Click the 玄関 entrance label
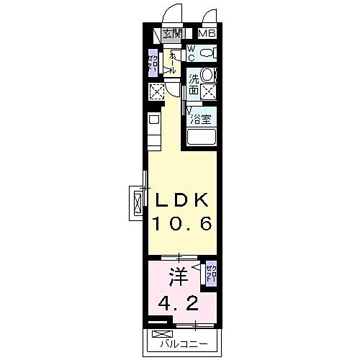click(171, 33)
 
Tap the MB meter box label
click(207, 33)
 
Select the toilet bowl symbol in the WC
click(206, 53)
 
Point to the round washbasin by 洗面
click(206, 74)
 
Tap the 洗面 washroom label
click(194, 85)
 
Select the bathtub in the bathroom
click(203, 138)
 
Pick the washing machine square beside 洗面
click(210, 91)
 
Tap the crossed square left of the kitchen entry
click(156, 91)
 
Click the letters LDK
click(179, 199)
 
